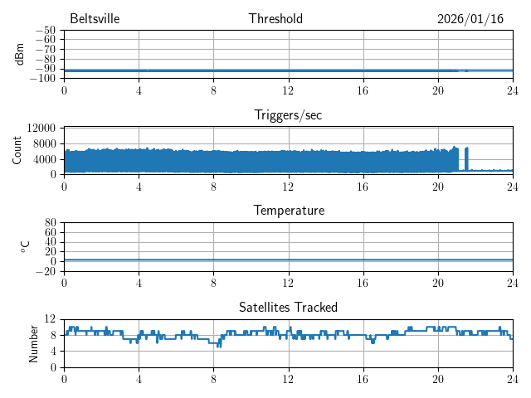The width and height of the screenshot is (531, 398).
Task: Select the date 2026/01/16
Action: click(x=470, y=19)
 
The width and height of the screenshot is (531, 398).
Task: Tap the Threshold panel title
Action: click(x=275, y=19)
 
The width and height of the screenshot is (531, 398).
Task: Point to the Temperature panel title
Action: click(x=288, y=211)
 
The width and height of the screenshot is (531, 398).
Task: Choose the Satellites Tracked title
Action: click(x=288, y=307)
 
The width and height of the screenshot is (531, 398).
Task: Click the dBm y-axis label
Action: click(x=20, y=54)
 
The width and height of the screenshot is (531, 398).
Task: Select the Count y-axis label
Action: click(x=17, y=150)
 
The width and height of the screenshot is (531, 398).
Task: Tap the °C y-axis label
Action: click(x=25, y=246)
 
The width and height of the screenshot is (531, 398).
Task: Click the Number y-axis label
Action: click(x=33, y=342)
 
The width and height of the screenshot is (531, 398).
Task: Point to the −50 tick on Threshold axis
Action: click(x=45, y=31)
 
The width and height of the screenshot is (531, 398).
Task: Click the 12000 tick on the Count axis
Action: click(x=41, y=128)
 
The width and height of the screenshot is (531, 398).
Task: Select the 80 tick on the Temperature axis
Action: click(x=50, y=223)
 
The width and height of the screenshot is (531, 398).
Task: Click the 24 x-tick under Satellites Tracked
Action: click(x=513, y=379)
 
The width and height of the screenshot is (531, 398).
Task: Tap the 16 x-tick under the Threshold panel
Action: click(x=363, y=90)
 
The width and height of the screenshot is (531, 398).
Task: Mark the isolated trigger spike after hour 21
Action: click(x=466, y=158)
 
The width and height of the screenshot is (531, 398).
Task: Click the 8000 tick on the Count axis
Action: click(x=44, y=143)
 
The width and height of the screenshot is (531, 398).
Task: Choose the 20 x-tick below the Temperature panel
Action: click(x=438, y=283)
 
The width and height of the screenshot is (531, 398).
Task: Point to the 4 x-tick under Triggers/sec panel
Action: click(x=139, y=186)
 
